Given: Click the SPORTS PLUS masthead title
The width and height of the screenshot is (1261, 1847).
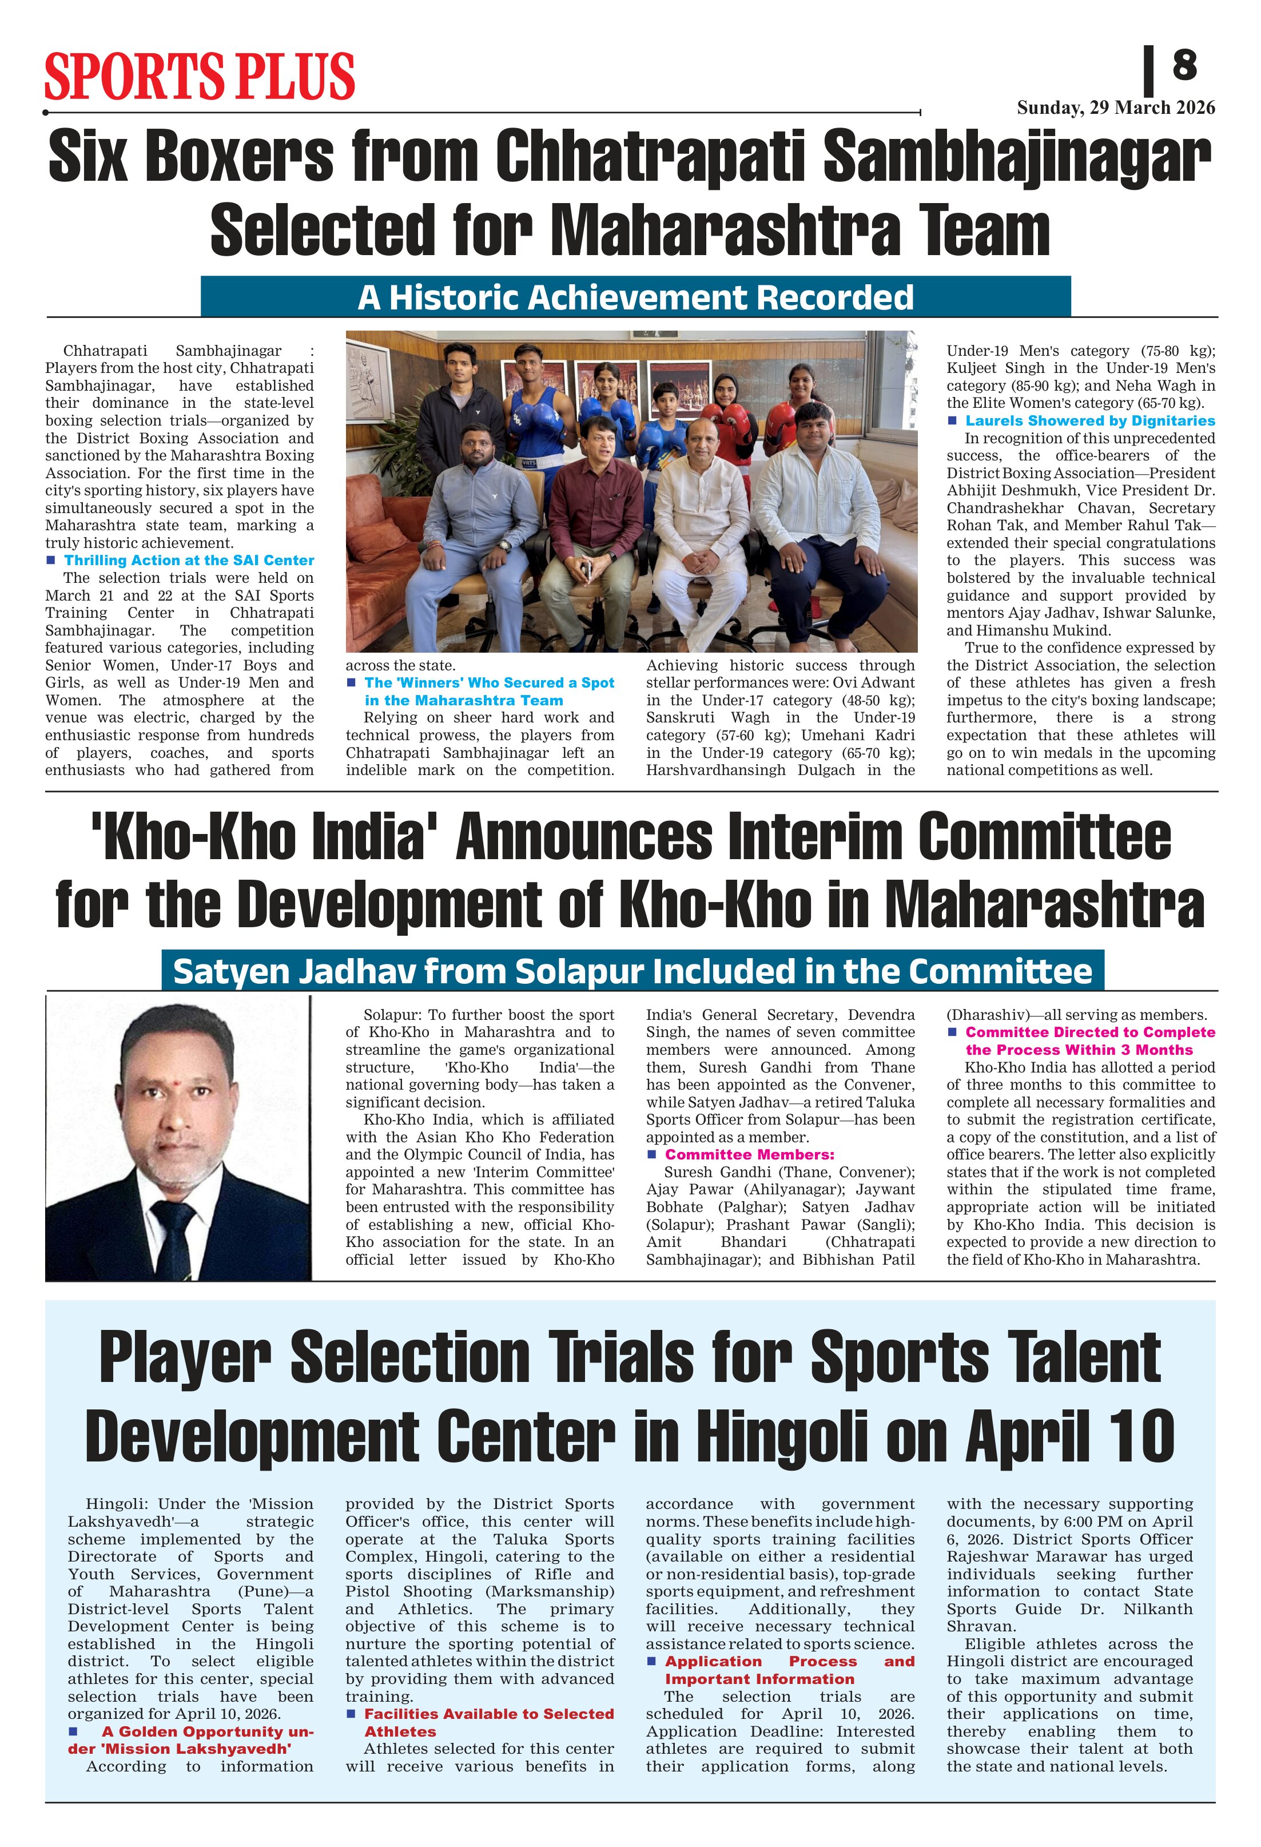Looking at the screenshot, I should (x=200, y=76).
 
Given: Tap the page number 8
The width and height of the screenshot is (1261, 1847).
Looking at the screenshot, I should (x=1184, y=65).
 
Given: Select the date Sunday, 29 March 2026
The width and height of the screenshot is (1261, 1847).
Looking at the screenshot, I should (x=1116, y=108).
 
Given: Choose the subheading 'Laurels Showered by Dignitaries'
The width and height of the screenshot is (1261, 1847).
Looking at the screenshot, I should (x=1090, y=420).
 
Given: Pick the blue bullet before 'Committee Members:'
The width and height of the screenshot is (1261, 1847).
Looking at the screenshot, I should (x=651, y=1154).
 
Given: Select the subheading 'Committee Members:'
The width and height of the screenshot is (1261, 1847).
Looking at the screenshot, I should (x=749, y=1154).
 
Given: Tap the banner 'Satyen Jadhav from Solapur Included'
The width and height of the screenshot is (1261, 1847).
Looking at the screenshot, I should (x=633, y=971).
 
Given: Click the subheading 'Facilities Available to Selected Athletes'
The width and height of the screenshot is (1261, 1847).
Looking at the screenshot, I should (x=488, y=1722).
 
